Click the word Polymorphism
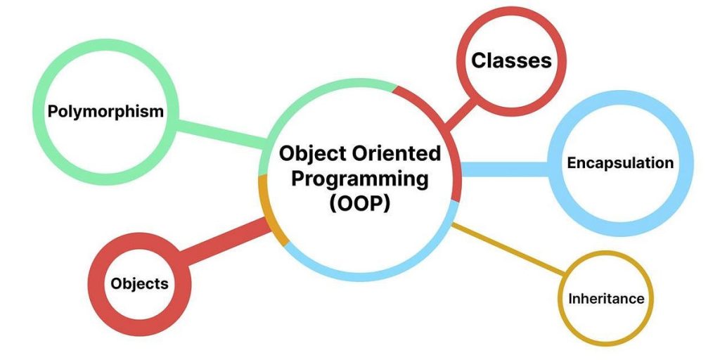(x=106, y=111)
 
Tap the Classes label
(x=511, y=60)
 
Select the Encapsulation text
(x=620, y=163)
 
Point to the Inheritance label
(x=605, y=298)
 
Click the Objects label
(x=139, y=283)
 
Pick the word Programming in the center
(x=360, y=179)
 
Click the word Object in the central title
(x=311, y=153)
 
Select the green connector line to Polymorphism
(x=218, y=134)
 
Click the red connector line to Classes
(x=461, y=115)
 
